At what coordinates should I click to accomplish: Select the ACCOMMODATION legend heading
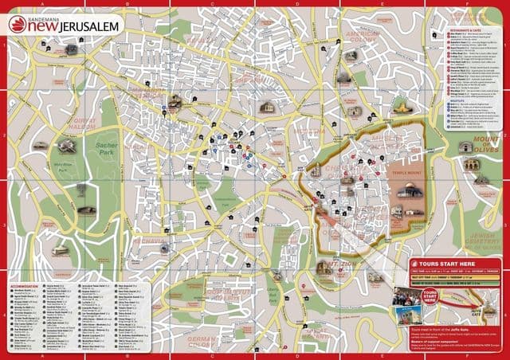(x=28, y=283)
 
